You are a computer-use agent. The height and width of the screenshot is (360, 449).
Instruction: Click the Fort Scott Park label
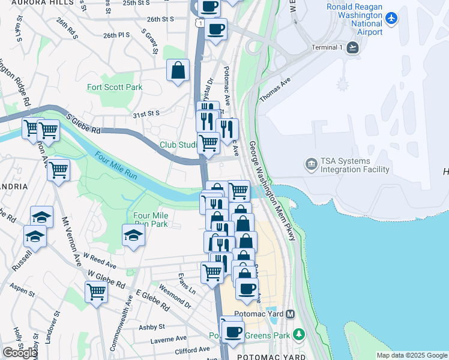pyautogui.click(x=115, y=87)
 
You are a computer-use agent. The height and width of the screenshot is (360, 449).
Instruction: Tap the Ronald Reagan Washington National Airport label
pyautogui.click(x=354, y=19)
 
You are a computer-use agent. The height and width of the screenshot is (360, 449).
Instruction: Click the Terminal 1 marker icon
pyautogui.click(x=352, y=47)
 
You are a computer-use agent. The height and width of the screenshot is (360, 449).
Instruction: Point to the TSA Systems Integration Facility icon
pyautogui.click(x=311, y=163)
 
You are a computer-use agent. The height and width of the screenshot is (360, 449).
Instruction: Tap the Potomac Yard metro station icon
pyautogui.click(x=291, y=314)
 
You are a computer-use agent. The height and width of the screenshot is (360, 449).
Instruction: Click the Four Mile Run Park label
pyautogui.click(x=150, y=220)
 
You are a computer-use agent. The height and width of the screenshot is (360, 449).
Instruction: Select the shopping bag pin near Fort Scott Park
pyautogui.click(x=178, y=71)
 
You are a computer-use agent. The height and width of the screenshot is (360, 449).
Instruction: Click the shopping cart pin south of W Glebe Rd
pyautogui.click(x=96, y=292)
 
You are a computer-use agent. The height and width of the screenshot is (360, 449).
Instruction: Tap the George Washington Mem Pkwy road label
pyautogui.click(x=273, y=191)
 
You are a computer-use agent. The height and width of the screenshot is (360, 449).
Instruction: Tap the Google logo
pyautogui.click(x=20, y=353)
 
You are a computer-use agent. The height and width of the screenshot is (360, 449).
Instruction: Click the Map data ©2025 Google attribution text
pyautogui.click(x=411, y=355)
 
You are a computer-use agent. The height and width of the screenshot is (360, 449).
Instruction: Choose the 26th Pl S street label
pyautogui.click(x=116, y=35)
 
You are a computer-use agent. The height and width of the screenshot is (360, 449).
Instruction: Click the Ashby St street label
pyautogui.click(x=152, y=326)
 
